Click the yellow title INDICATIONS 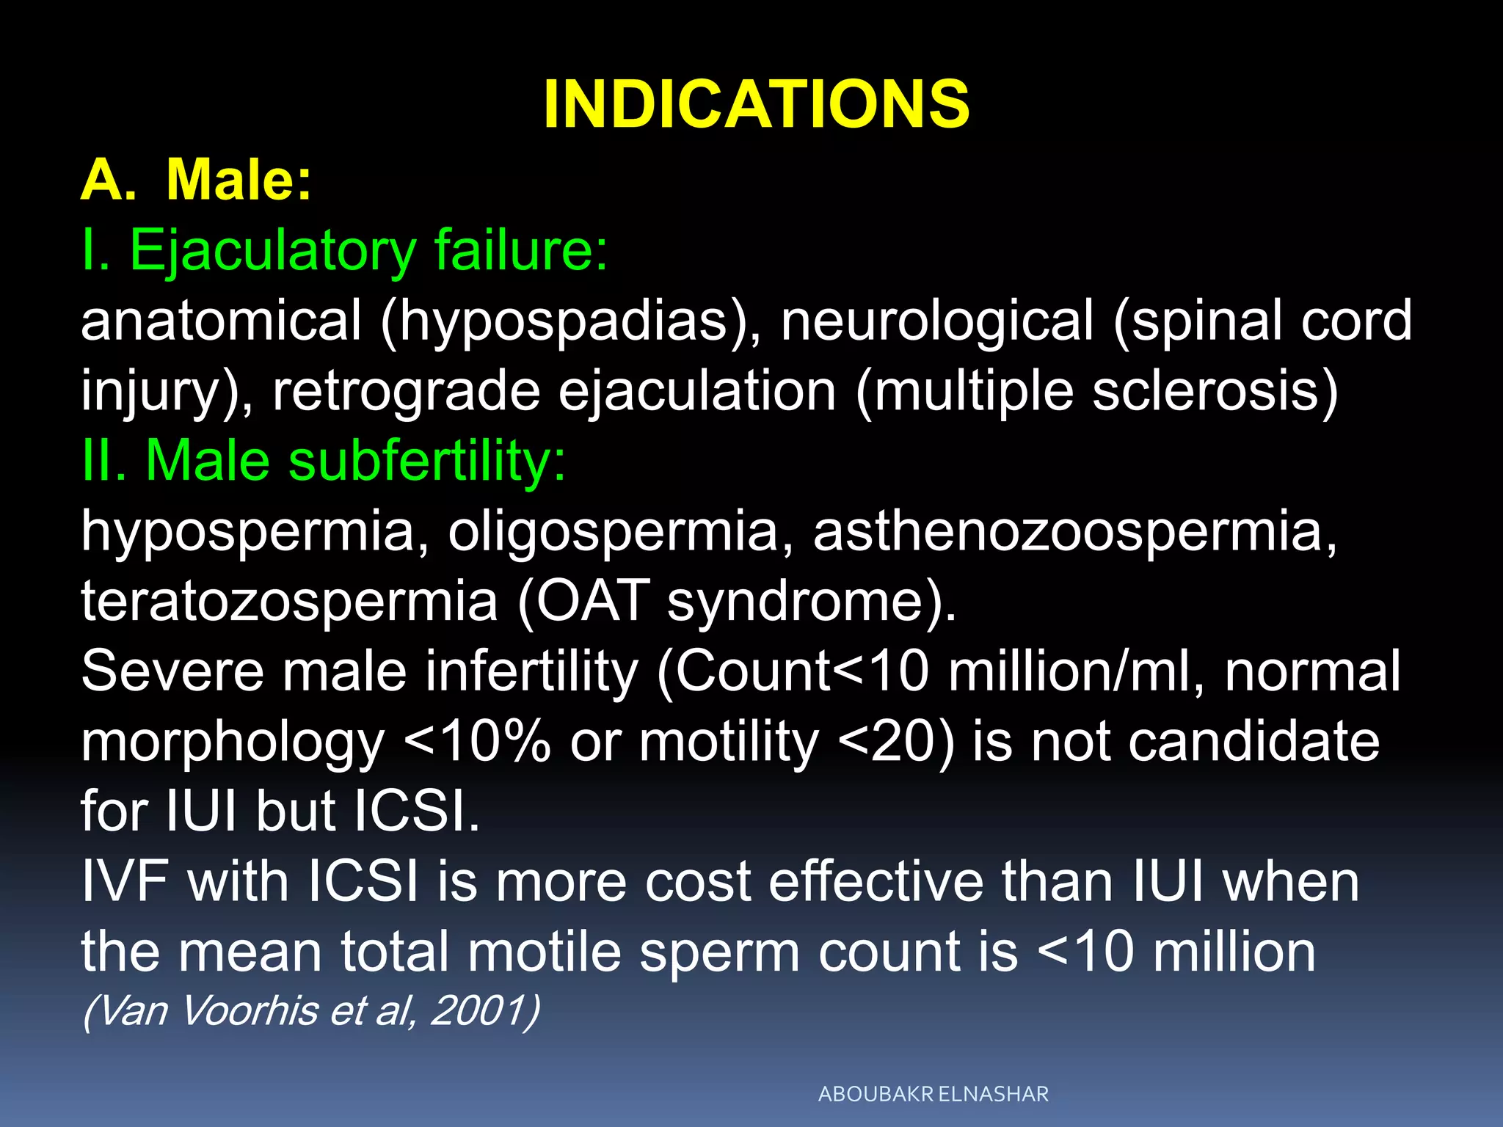pos(756,105)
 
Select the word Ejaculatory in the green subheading pos(273,251)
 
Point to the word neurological pos(937,321)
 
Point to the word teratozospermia pos(290,601)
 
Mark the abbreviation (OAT pos(584,601)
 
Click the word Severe pos(172,671)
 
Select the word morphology pos(233,741)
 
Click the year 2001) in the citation pos(485,1010)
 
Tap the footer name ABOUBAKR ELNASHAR pos(933,1094)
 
